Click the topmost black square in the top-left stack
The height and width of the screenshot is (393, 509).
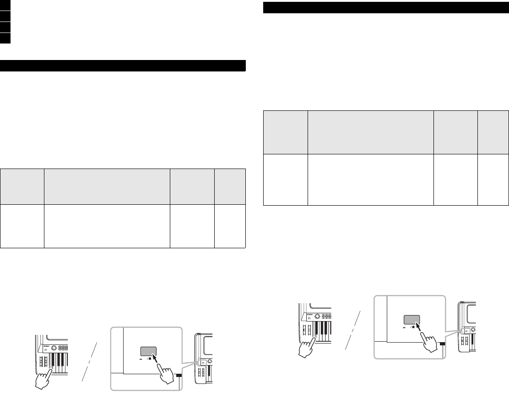[x=5, y=5]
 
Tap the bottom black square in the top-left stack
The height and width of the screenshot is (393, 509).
[x=5, y=38]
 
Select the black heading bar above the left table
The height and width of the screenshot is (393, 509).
[x=123, y=65]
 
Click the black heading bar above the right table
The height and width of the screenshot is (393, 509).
[x=386, y=8]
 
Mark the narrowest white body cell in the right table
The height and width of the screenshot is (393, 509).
[x=493, y=180]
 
